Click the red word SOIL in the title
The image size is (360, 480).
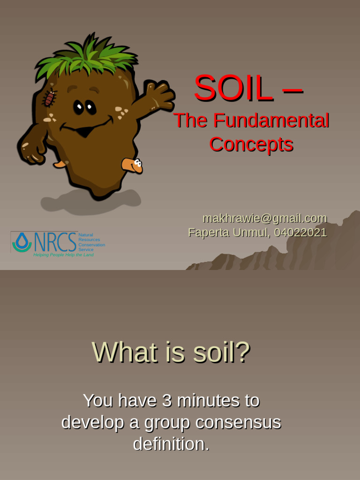233,89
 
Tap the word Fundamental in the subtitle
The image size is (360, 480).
271,121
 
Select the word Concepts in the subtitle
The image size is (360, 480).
251,144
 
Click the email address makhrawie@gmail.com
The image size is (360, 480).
264,218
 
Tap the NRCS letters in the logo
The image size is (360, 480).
55,242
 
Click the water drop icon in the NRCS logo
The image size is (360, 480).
22,242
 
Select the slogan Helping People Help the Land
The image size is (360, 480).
63,255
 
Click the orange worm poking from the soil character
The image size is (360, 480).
132,165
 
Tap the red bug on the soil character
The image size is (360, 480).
49,98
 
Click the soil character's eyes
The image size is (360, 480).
84,107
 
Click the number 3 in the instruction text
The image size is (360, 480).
167,401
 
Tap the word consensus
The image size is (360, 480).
238,422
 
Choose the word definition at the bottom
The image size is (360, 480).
171,444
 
